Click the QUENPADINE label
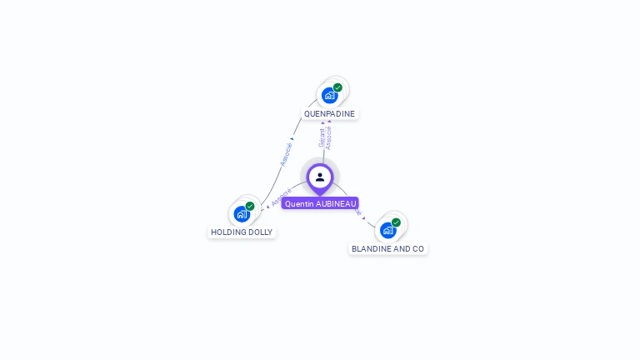coord(329,113)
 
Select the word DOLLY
coord(260,232)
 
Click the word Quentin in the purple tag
coord(299,203)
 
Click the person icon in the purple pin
coord(320,177)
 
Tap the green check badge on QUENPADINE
coord(337,87)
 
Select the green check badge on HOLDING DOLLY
coord(250,206)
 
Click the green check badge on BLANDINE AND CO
coord(396,222)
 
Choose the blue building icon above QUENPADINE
coord(329,96)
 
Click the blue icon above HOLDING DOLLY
coord(242,214)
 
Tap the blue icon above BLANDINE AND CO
coord(387,230)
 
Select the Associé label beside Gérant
coord(329,137)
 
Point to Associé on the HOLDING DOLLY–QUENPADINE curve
coord(286,154)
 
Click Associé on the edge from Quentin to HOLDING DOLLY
coord(282,197)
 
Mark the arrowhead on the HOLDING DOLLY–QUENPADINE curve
coord(292,139)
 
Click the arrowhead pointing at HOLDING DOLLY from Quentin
coord(267,206)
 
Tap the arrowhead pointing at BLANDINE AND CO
coord(363,218)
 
